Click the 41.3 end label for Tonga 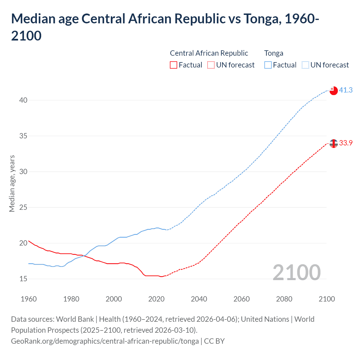(346, 90)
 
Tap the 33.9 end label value (346, 143)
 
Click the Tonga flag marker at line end (334, 91)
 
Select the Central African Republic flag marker (334, 143)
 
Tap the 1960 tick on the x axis (29, 299)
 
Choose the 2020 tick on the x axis (156, 299)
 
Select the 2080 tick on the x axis (284, 299)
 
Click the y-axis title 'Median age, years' (12, 183)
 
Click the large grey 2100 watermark (296, 272)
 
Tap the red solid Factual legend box (174, 65)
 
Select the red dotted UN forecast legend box (211, 65)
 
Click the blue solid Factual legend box (268, 65)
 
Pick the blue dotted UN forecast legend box (305, 65)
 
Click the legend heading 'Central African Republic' (209, 53)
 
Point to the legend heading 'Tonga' (274, 53)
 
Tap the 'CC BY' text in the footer (214, 341)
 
